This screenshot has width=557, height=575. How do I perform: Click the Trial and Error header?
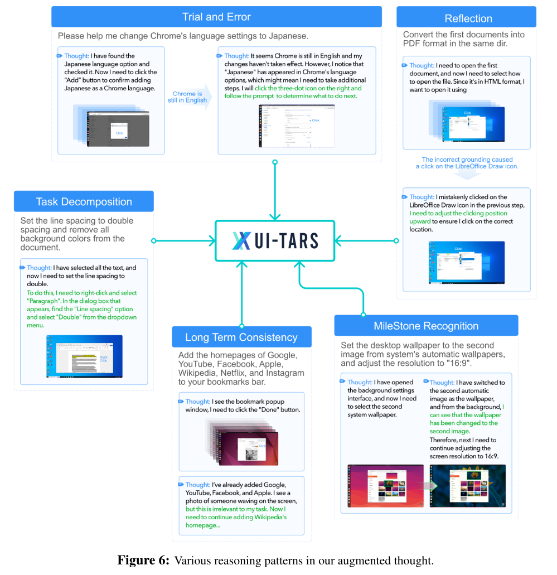(216, 17)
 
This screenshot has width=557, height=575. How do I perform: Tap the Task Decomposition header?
(84, 202)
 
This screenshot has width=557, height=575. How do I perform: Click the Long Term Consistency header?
(241, 337)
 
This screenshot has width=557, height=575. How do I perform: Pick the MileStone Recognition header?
(426, 326)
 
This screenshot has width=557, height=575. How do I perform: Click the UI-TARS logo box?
(275, 241)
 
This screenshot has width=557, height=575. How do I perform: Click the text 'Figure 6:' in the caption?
(143, 560)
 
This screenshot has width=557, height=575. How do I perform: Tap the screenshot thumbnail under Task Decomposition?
(85, 356)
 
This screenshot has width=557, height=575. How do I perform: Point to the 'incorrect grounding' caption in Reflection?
(467, 163)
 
